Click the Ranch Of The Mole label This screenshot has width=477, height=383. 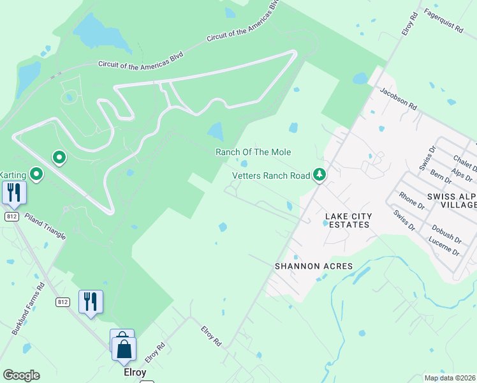[x=253, y=152]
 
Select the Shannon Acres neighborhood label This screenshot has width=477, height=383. [x=313, y=266]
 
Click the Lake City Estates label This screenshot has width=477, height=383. [x=347, y=220]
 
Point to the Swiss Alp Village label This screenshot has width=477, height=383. [x=451, y=200]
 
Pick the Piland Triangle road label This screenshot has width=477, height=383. [x=45, y=225]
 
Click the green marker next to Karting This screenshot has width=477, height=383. [x=36, y=173]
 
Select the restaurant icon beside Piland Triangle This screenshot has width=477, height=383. [x=14, y=192]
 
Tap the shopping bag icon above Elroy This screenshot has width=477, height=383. [x=124, y=349]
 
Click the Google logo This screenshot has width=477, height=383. [x=20, y=375]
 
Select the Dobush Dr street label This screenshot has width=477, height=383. [x=446, y=231]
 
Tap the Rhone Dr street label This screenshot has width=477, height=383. [x=411, y=200]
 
